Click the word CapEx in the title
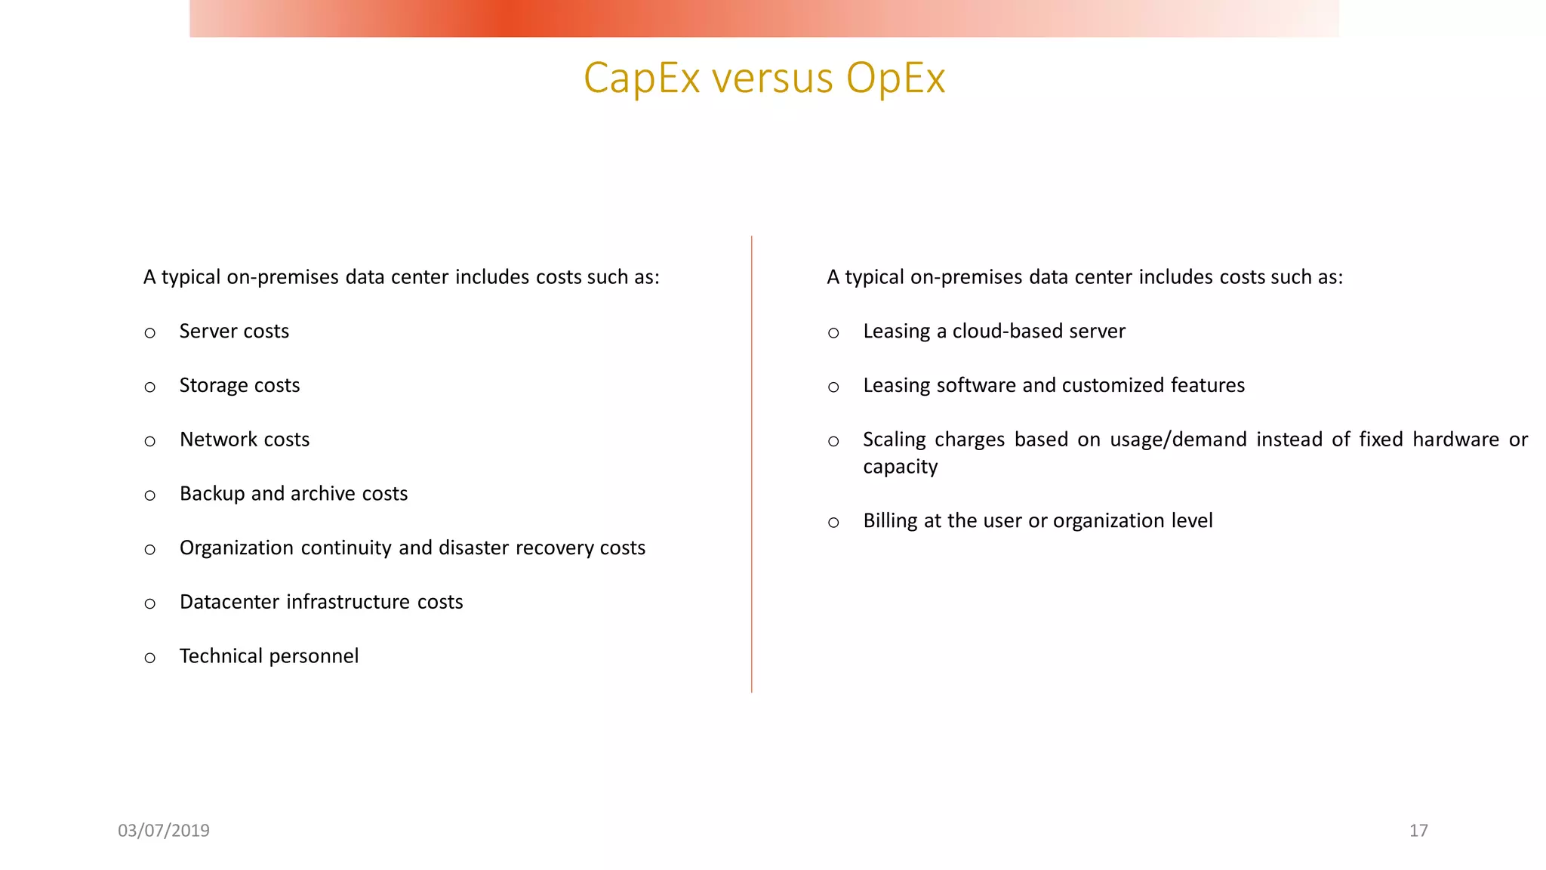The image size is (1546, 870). pos(642,78)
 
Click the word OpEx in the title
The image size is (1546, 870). pos(895,78)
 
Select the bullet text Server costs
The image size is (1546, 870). pos(234,332)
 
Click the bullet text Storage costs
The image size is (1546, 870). pos(239,386)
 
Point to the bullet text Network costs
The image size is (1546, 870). pos(245,440)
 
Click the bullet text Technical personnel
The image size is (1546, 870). pos(269,656)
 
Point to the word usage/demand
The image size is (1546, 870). pos(1178,440)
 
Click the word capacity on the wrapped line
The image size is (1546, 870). pos(900,467)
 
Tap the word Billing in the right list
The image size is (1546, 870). pos(890,521)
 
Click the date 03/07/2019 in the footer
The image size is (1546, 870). pos(164,831)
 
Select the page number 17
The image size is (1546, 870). pos(1418,831)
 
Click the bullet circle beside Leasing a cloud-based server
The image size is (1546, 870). pos(833,333)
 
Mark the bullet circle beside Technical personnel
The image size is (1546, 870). pos(149,658)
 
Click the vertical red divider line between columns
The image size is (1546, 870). pos(752,464)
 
